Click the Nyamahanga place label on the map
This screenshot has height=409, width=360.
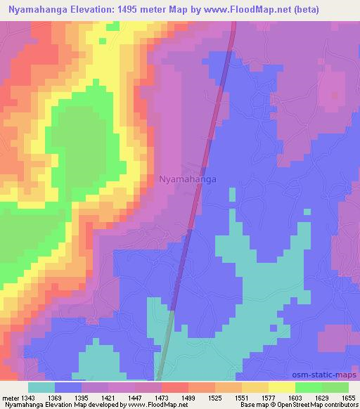(188, 179)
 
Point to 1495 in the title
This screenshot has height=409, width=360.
(127, 10)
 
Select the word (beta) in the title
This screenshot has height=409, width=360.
(303, 10)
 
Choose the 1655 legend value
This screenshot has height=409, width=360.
(349, 398)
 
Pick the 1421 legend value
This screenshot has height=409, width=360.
(108, 398)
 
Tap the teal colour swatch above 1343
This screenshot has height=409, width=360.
(41, 387)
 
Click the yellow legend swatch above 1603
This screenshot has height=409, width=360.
(281, 387)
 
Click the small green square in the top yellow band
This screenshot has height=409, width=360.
(103, 41)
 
